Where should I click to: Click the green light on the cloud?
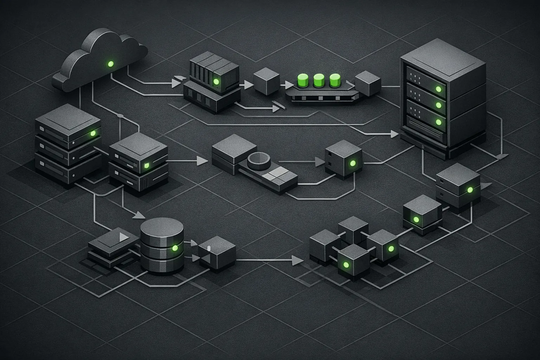click(111, 64)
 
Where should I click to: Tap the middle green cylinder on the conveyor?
click(318, 80)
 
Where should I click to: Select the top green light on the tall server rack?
click(438, 89)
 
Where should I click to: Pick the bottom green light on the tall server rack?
click(438, 122)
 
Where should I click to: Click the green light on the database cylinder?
click(174, 248)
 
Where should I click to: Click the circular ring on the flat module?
click(259, 160)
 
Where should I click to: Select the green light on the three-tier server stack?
click(93, 134)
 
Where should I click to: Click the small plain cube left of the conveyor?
click(266, 82)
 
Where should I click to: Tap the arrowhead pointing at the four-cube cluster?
click(297, 261)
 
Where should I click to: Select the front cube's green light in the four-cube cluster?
click(346, 264)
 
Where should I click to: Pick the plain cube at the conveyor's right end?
click(368, 84)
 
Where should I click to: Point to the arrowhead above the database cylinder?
click(140, 214)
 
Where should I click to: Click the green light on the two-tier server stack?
click(147, 165)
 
